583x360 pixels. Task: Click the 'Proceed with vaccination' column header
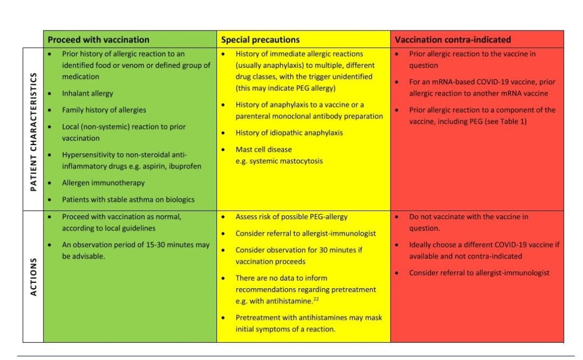(99, 40)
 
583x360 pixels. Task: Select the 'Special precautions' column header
(260, 40)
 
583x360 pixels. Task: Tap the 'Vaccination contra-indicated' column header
(453, 40)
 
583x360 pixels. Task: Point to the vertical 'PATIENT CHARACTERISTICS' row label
(33, 129)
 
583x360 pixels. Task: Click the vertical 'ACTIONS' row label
(33, 276)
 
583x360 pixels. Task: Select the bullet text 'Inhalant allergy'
(87, 93)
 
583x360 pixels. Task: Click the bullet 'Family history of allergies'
(104, 110)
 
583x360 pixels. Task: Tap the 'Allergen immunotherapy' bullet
(103, 183)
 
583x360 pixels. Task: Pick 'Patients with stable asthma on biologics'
(128, 199)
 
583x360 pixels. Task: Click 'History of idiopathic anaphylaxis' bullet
(289, 133)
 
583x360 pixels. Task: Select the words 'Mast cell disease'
(264, 149)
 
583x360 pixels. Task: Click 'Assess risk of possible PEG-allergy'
(291, 217)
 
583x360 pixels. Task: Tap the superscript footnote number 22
(316, 299)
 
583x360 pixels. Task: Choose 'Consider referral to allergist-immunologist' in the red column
(479, 273)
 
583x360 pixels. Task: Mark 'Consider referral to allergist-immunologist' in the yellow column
(306, 234)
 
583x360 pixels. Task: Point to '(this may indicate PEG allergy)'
(286, 88)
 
